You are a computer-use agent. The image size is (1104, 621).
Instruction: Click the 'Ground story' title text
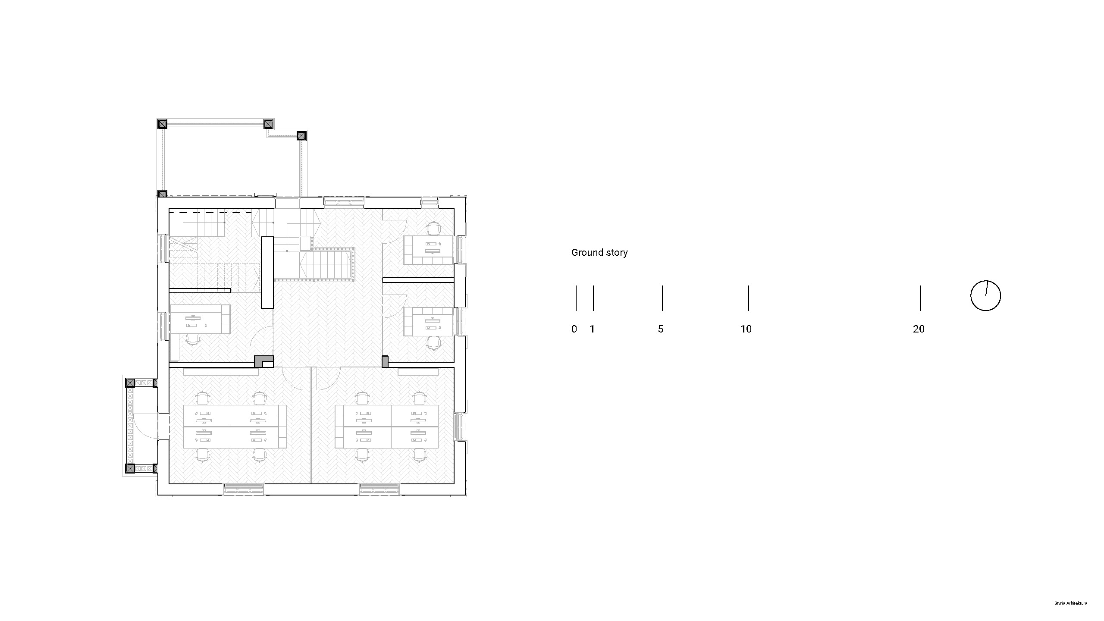click(599, 253)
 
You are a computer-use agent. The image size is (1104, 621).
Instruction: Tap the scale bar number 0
click(574, 329)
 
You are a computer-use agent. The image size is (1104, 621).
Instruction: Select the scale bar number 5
click(661, 329)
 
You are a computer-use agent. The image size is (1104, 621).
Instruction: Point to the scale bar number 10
click(746, 329)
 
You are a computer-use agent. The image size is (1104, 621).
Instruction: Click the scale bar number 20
click(919, 329)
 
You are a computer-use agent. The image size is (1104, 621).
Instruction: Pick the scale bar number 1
click(592, 329)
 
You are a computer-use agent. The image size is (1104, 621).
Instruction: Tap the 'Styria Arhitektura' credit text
click(1071, 603)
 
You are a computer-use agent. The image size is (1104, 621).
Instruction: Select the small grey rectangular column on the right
click(385, 361)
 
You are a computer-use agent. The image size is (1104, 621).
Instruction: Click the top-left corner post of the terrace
click(162, 124)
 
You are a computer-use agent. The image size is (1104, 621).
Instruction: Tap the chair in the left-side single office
click(193, 339)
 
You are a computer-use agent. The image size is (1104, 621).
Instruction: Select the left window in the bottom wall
click(243, 489)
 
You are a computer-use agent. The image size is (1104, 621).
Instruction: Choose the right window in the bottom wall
click(379, 489)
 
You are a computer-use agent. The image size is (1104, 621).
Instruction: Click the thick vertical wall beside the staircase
click(267, 272)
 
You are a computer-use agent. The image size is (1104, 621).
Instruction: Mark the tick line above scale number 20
click(921, 298)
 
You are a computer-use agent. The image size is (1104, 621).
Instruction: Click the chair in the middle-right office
click(433, 343)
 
